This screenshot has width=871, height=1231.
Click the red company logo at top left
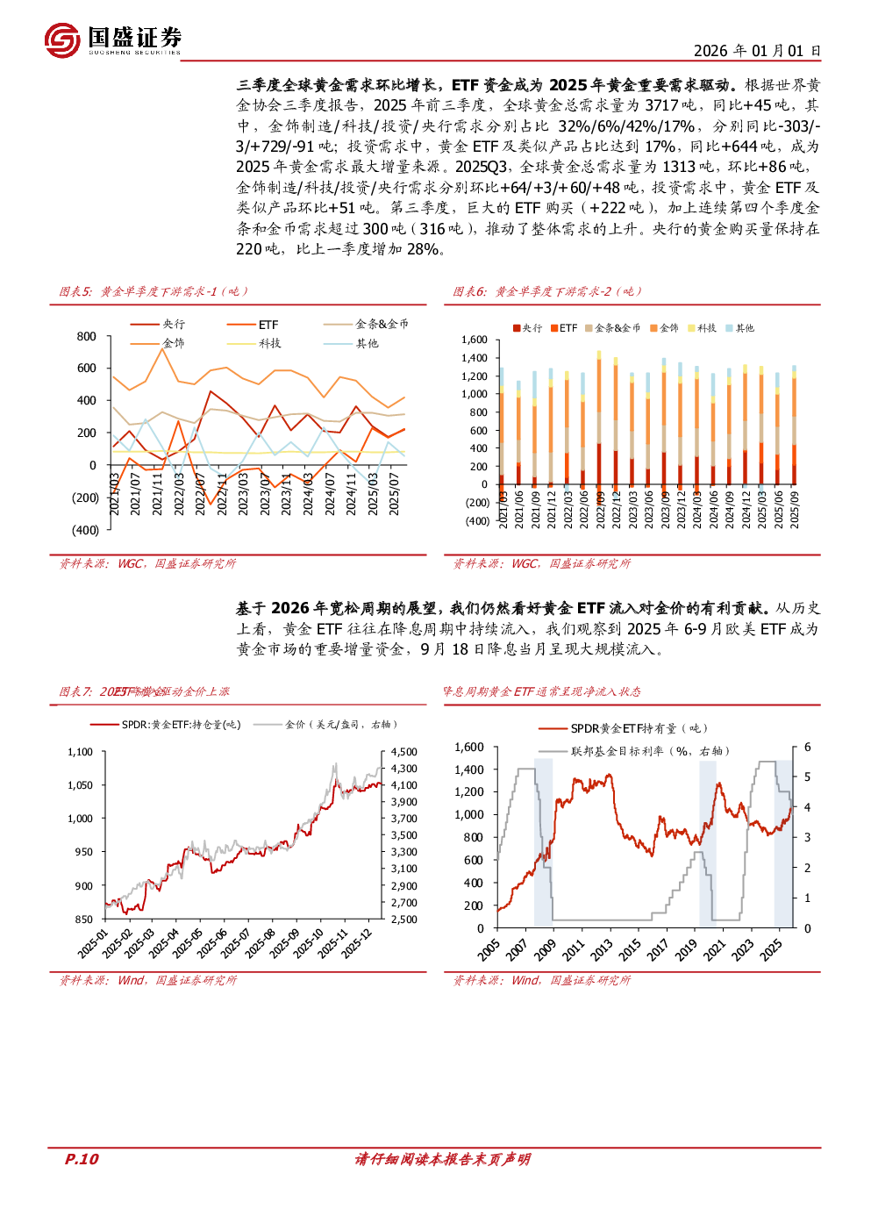click(62, 40)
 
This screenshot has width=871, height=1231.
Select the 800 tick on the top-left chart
click(87, 337)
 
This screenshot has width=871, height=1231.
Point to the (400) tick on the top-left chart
click(85, 530)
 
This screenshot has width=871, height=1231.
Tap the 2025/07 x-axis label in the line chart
click(395, 494)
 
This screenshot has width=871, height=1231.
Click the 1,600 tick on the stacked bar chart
click(475, 340)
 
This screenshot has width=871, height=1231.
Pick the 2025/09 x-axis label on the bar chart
click(795, 509)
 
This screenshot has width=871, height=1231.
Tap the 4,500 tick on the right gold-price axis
click(404, 752)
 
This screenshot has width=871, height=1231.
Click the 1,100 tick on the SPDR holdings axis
click(80, 752)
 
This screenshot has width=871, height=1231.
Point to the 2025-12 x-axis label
click(357, 943)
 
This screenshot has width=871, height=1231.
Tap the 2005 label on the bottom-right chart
click(489, 948)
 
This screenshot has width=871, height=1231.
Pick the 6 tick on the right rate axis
click(808, 748)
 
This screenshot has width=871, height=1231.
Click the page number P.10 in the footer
click(82, 1159)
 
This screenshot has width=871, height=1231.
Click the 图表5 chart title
click(153, 291)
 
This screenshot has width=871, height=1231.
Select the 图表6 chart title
click(547, 291)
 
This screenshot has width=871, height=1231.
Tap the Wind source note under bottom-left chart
click(147, 980)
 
